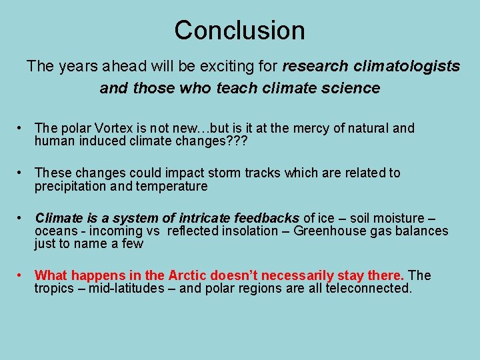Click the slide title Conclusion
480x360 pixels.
(239, 30)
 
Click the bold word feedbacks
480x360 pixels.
(267, 218)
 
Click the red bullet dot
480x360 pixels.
(21, 275)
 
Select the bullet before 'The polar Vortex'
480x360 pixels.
(21, 127)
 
